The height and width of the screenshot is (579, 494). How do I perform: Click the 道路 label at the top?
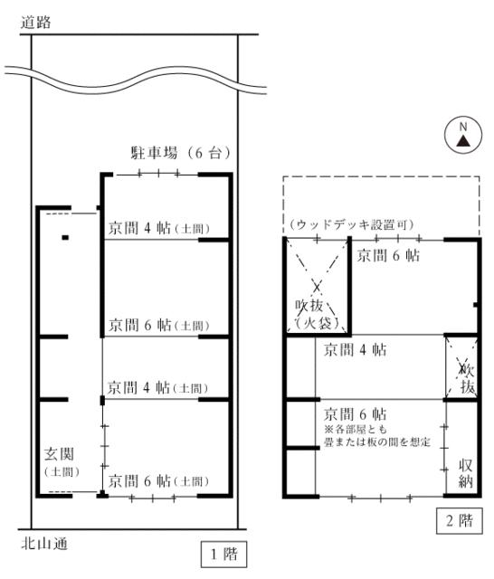pyautogui.click(x=35, y=22)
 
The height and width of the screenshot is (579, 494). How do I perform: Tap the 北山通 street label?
pyautogui.click(x=44, y=544)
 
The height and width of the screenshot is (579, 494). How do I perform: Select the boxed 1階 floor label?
pyautogui.click(x=223, y=555)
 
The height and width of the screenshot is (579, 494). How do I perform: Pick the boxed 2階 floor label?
pyautogui.click(x=460, y=521)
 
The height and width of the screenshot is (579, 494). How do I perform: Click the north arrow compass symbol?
pyautogui.click(x=463, y=136)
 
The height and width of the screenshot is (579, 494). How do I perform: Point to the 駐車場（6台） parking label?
pyautogui.click(x=181, y=153)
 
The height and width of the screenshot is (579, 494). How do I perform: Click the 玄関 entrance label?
pyautogui.click(x=59, y=454)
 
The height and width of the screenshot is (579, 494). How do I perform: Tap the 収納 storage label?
pyautogui.click(x=466, y=474)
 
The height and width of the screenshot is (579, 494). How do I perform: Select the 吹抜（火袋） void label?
pyautogui.click(x=317, y=314)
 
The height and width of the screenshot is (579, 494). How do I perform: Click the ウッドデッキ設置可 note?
pyautogui.click(x=351, y=224)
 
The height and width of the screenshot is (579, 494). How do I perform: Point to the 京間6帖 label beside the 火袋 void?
pyautogui.click(x=388, y=255)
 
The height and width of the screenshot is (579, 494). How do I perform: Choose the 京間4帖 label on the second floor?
pyautogui.click(x=356, y=350)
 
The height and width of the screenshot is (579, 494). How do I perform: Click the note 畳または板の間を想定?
pyautogui.click(x=377, y=442)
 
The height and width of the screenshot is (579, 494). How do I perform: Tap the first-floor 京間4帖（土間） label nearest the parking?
pyautogui.click(x=159, y=228)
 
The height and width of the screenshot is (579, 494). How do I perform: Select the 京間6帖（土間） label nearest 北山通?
pyautogui.click(x=159, y=481)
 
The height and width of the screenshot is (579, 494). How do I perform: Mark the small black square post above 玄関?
pyautogui.click(x=65, y=238)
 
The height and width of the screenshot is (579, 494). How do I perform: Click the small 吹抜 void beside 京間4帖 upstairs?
pyautogui.click(x=461, y=367)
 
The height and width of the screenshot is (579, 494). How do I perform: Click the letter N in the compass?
pyautogui.click(x=463, y=127)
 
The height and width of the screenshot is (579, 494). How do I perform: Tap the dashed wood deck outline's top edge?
pyautogui.click(x=382, y=177)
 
